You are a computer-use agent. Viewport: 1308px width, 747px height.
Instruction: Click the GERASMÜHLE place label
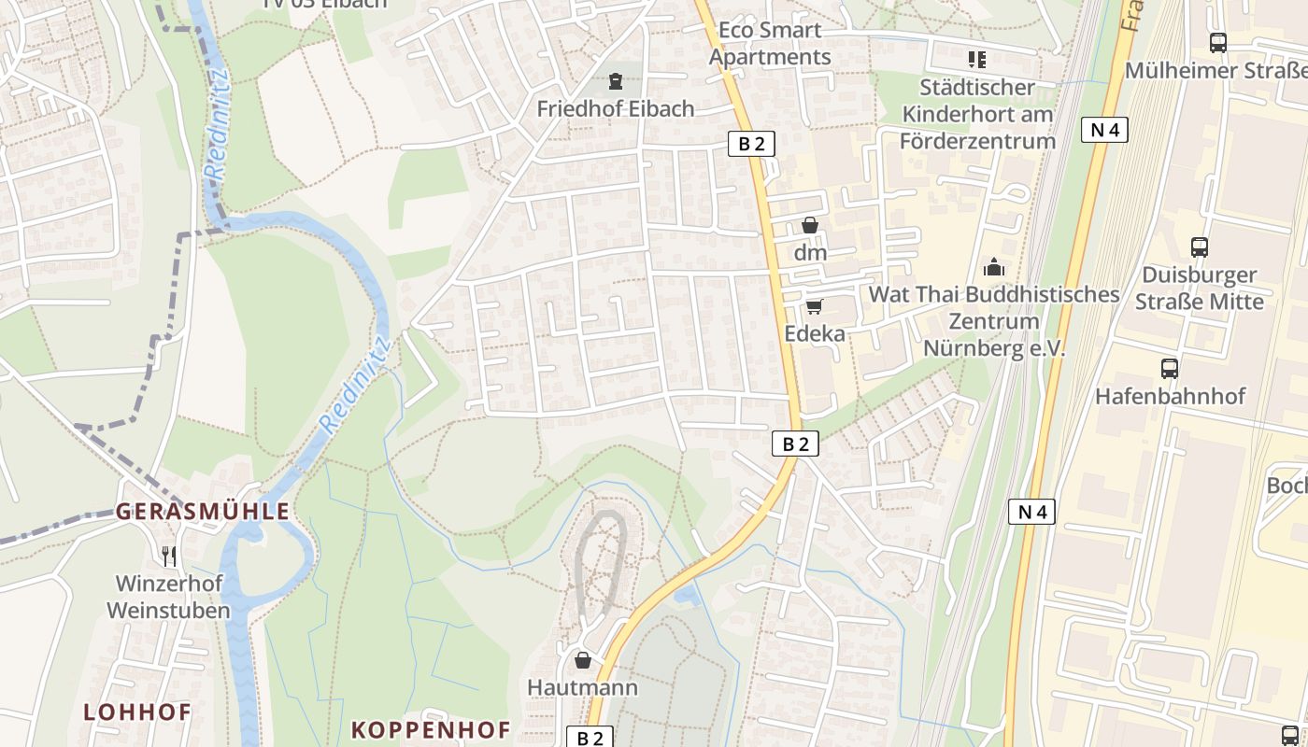click(202, 512)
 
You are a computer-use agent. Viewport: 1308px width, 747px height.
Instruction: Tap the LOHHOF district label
click(137, 712)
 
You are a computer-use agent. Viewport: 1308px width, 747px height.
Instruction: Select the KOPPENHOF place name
click(431, 729)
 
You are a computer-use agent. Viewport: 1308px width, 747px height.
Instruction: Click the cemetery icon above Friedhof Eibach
click(615, 81)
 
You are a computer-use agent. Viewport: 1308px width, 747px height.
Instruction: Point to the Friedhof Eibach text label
click(615, 108)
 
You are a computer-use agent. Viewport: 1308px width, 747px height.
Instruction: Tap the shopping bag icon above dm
click(810, 225)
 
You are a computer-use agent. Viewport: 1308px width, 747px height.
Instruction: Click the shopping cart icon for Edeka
click(814, 306)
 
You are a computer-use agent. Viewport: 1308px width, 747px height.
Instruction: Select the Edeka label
click(814, 333)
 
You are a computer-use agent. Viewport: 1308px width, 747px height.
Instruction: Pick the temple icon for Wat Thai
click(993, 267)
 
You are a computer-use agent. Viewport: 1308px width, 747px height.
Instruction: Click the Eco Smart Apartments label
click(770, 43)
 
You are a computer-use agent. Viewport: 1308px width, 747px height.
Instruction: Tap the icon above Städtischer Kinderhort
click(977, 61)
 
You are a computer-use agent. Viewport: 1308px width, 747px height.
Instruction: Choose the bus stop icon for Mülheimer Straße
click(1217, 43)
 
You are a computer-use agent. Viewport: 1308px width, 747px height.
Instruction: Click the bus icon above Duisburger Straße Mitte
click(1200, 247)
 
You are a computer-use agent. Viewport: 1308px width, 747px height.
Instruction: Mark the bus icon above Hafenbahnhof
click(1170, 368)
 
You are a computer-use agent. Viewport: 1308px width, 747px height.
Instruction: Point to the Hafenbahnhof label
click(1170, 396)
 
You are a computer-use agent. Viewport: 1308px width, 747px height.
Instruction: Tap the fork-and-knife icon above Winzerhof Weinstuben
click(168, 557)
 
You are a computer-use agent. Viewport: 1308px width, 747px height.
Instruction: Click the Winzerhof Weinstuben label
click(168, 597)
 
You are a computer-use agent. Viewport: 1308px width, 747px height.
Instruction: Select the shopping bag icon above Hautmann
click(583, 660)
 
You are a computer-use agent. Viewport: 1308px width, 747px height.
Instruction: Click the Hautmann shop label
click(583, 687)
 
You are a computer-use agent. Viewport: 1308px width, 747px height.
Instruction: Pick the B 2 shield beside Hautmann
click(590, 738)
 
